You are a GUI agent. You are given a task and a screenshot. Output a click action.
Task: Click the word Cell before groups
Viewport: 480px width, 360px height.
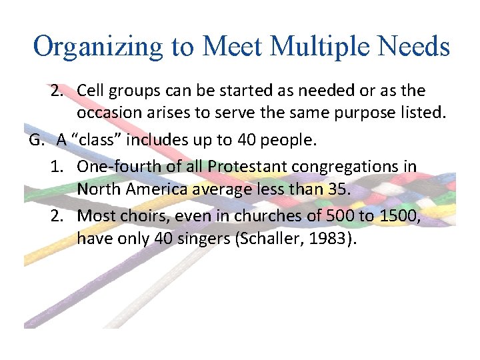(x=91, y=90)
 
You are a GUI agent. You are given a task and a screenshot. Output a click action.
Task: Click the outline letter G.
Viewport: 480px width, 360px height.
(x=36, y=139)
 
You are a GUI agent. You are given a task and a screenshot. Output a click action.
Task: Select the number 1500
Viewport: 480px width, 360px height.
(x=396, y=215)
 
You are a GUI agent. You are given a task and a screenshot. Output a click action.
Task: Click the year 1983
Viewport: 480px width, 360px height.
(x=335, y=239)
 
